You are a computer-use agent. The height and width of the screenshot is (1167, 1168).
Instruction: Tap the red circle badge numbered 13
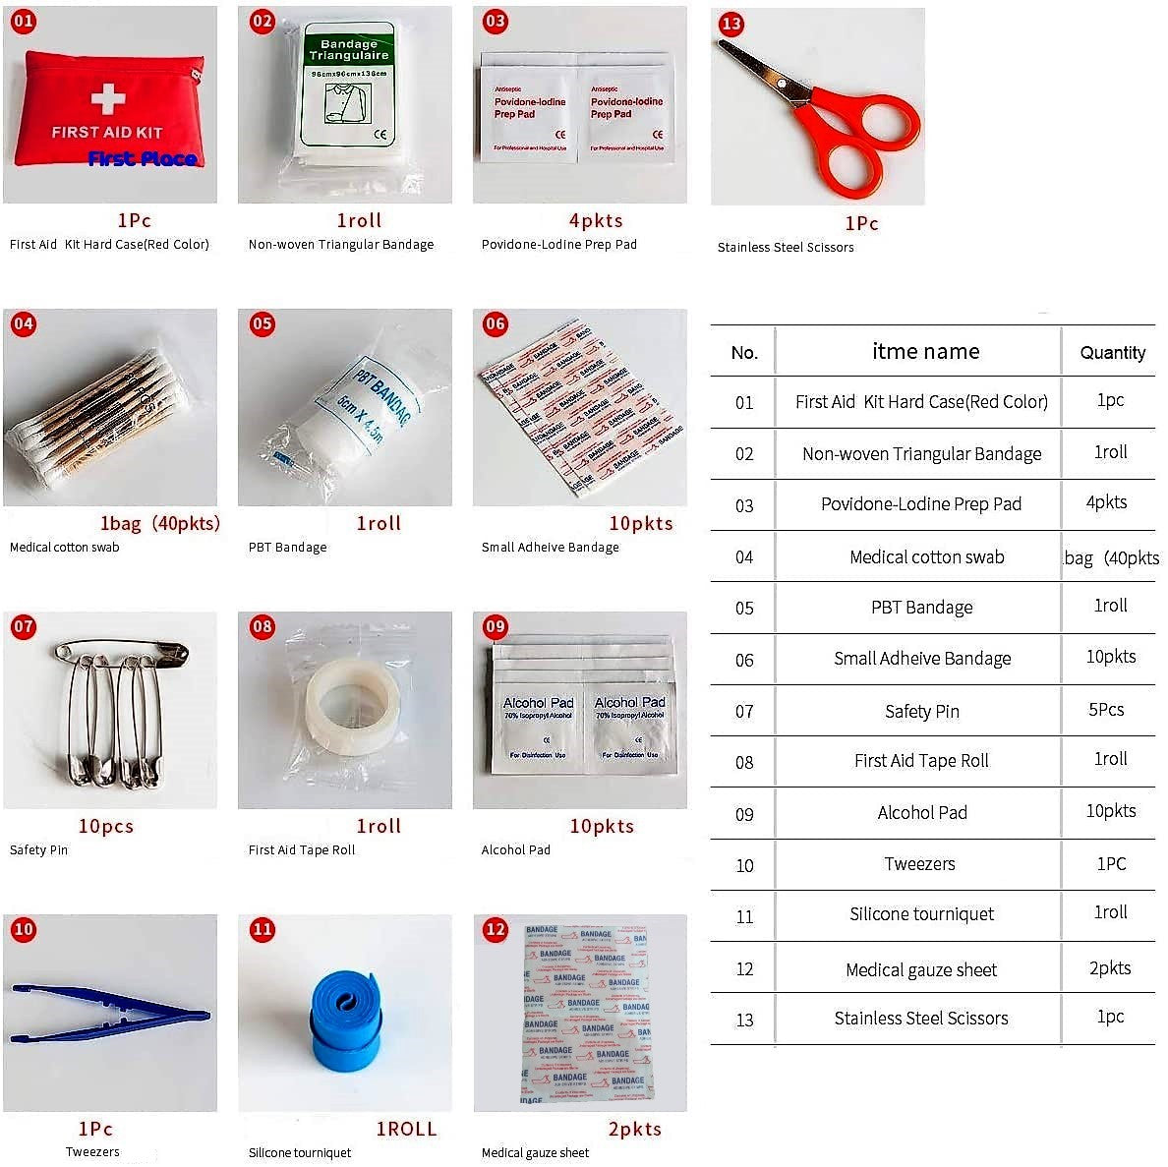tap(731, 25)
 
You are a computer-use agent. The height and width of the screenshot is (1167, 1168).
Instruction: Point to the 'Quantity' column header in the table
tap(1112, 352)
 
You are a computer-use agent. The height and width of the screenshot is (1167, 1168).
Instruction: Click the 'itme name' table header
tap(925, 351)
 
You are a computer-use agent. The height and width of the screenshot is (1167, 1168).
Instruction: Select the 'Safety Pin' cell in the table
tap(921, 711)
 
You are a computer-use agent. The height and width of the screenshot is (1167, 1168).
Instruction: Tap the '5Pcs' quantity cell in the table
tap(1106, 709)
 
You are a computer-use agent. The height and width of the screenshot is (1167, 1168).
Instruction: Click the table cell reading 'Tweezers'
tap(919, 863)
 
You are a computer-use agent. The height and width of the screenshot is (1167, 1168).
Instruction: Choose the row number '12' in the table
tap(744, 968)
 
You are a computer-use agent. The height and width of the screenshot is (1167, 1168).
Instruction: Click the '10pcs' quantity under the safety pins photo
tap(105, 826)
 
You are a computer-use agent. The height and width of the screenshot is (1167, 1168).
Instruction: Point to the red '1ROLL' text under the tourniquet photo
tap(406, 1129)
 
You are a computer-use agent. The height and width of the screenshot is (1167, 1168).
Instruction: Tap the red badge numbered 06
tap(496, 323)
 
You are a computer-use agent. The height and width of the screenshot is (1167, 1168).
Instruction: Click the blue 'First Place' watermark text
tap(142, 158)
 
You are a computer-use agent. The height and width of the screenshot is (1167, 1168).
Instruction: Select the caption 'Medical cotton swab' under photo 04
tap(64, 547)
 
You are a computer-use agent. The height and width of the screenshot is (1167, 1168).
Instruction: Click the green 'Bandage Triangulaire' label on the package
tap(348, 50)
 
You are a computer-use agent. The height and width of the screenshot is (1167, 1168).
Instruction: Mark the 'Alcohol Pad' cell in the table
tap(921, 812)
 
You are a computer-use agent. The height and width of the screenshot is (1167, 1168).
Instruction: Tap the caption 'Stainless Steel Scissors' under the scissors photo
tap(785, 247)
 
